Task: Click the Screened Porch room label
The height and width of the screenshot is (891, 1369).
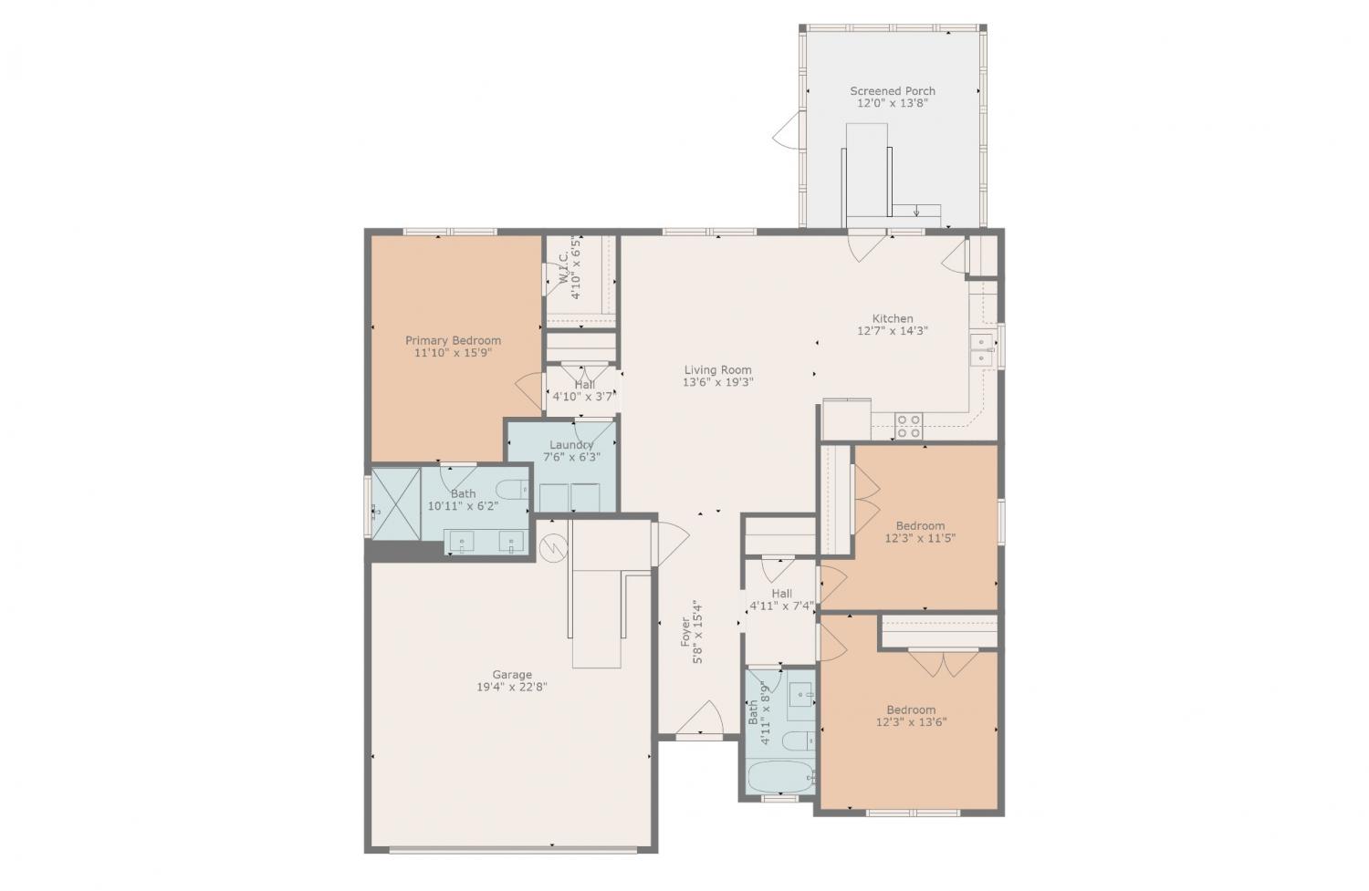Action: [x=893, y=91]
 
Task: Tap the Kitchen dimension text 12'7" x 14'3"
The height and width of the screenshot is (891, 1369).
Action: [x=893, y=331]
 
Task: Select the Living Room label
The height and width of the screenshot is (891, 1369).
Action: [x=717, y=370]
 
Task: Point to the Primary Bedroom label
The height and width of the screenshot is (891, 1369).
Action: [x=453, y=341]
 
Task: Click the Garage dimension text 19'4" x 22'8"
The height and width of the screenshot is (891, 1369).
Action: [x=511, y=687]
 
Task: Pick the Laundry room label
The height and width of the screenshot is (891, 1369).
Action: [x=571, y=445]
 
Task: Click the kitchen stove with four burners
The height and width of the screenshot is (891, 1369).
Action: [x=909, y=426]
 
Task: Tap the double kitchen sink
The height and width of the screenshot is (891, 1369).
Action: [x=981, y=349]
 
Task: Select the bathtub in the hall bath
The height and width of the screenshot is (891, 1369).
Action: [x=781, y=777]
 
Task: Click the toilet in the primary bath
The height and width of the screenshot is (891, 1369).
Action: [x=512, y=490]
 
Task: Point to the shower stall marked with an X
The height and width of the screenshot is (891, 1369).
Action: [x=396, y=503]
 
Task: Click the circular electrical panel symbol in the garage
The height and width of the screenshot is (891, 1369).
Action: [x=554, y=549]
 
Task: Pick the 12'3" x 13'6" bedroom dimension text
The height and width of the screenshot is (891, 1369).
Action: [x=911, y=722]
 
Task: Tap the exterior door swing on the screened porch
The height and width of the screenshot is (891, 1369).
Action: [x=787, y=130]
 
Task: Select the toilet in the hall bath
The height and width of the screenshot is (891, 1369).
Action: [x=799, y=741]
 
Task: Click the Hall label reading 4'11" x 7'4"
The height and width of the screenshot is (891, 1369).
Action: [x=781, y=600]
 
